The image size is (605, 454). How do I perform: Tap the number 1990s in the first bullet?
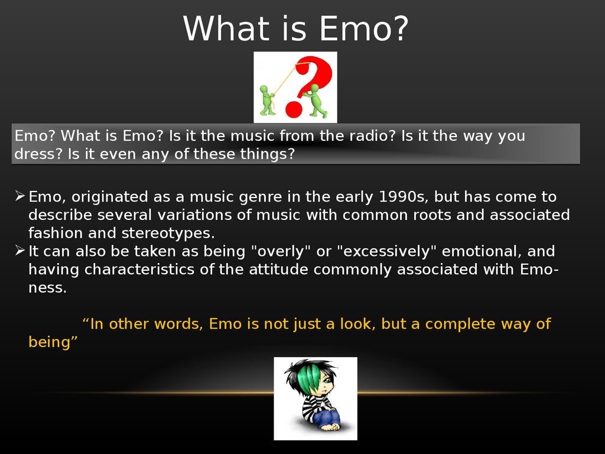click(404, 197)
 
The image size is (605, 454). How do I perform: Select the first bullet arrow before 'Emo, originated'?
click(20, 196)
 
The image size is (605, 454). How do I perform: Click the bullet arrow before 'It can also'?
click(20, 250)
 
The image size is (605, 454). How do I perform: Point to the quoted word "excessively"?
click(386, 251)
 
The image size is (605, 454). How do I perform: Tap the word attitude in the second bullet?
click(278, 270)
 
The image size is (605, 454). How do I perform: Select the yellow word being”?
click(53, 342)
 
